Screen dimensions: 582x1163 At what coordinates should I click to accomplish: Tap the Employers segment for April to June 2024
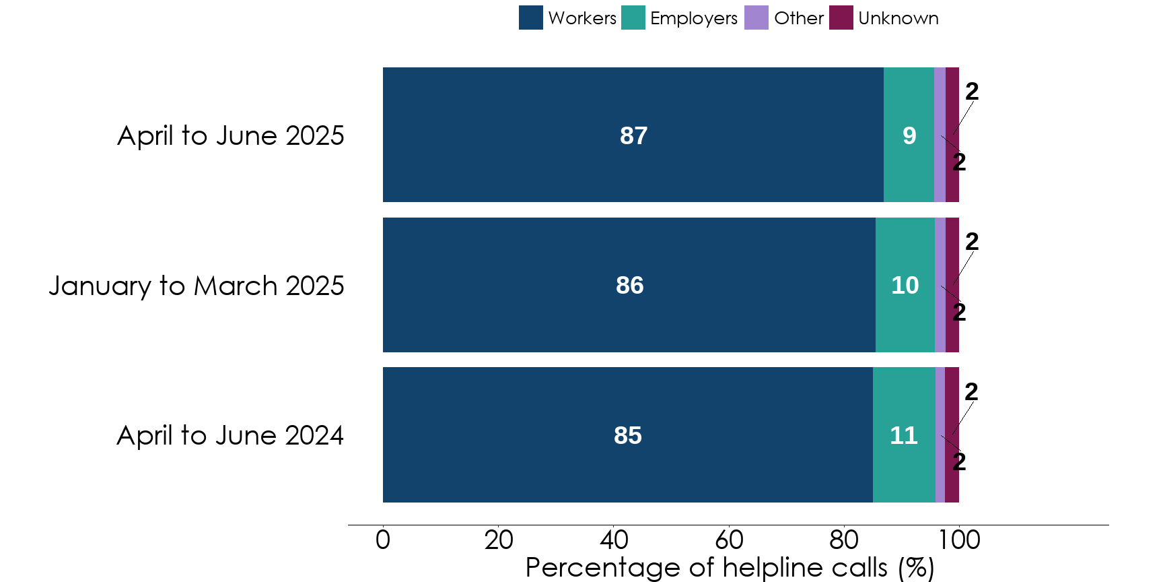903,472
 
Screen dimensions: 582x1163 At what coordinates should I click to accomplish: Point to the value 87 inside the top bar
633,135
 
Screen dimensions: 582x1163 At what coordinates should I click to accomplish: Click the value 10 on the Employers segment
905,286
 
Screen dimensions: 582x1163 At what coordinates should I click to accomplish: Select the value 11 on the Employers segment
903,435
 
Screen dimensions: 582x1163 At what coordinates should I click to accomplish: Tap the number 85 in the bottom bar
627,435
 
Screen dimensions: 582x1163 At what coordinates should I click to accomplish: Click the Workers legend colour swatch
530,18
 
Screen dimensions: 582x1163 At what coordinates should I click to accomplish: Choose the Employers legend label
693,18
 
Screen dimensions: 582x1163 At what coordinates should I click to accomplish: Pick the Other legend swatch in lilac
756,18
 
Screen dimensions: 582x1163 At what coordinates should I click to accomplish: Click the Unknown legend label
898,18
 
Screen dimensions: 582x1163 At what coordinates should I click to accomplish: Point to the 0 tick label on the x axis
382,540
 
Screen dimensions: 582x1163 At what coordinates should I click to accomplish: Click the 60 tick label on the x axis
728,540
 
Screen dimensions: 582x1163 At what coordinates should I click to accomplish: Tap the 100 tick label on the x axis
959,540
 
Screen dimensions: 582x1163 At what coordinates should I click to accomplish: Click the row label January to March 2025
196,286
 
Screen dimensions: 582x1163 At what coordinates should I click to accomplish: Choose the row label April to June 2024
230,435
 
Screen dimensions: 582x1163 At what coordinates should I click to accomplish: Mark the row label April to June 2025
230,135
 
